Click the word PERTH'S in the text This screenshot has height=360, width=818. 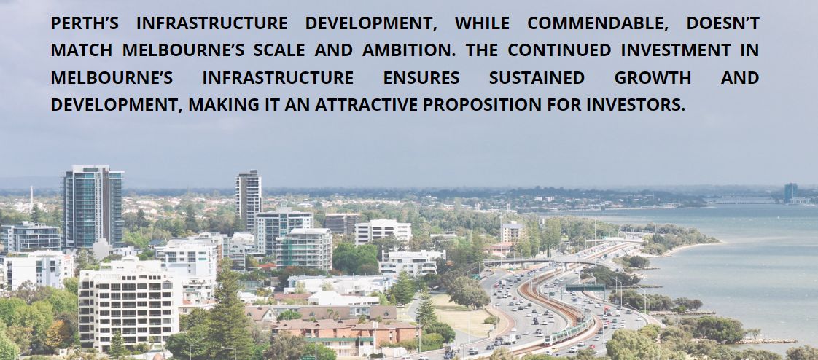click(x=85, y=23)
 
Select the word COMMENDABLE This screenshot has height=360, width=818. click(x=592, y=24)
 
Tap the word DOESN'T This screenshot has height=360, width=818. click(x=722, y=23)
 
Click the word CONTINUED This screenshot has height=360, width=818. click(x=559, y=50)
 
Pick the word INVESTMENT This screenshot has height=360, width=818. click(x=676, y=50)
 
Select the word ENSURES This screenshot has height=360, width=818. click(x=421, y=78)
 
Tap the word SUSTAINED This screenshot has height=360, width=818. click(x=537, y=78)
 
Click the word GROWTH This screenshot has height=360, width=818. click(x=653, y=78)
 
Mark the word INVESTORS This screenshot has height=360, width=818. click(x=636, y=105)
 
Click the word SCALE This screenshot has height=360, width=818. click(x=279, y=50)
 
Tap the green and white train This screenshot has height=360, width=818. click(x=569, y=330)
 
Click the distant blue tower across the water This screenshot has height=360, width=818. click(x=790, y=192)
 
